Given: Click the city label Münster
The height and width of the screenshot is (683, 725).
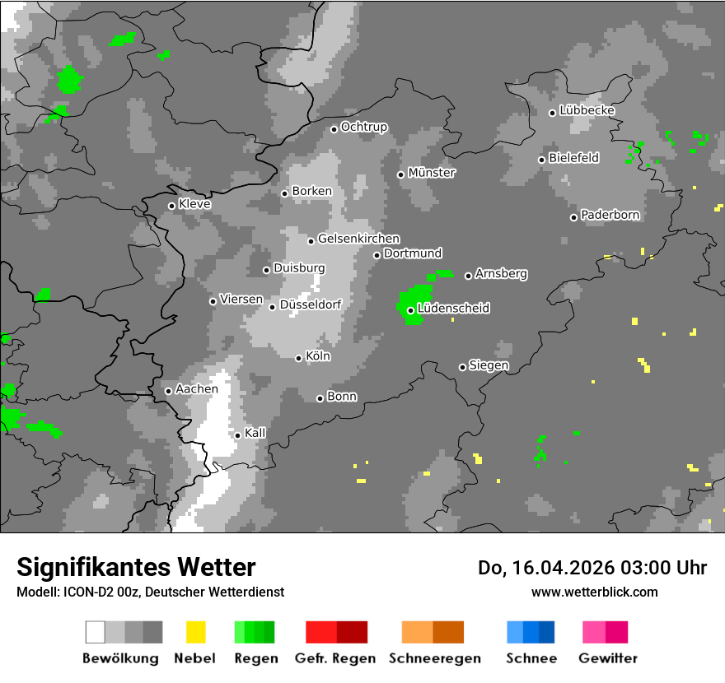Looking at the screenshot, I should [432, 173].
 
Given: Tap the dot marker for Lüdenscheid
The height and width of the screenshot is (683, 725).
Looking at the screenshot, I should [410, 310].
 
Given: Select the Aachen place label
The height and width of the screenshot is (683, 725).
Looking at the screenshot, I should [197, 389].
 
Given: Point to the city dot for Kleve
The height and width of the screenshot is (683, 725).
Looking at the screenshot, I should [171, 206].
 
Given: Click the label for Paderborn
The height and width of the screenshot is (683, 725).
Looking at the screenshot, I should [610, 215].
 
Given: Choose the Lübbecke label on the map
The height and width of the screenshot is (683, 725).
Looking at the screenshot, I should [587, 110].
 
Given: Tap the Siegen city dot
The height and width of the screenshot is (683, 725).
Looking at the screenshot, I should [462, 367].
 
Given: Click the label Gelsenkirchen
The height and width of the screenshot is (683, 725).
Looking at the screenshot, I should [358, 239].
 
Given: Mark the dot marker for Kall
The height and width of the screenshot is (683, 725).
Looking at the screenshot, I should [237, 435].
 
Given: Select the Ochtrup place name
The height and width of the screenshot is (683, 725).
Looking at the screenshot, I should [364, 127].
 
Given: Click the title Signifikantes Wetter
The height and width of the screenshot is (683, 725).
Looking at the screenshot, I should [136, 567].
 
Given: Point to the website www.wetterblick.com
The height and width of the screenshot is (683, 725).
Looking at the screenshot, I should [594, 592].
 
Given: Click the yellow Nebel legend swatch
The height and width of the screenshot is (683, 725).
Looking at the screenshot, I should [195, 632].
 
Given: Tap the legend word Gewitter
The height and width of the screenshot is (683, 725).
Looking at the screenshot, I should [608, 658].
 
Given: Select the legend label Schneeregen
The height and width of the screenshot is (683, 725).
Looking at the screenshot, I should [433, 658].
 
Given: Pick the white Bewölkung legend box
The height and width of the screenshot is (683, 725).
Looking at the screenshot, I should [96, 632].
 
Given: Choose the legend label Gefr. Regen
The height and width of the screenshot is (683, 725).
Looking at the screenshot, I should [335, 658].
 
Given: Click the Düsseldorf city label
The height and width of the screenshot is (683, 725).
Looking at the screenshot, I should [311, 305].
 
